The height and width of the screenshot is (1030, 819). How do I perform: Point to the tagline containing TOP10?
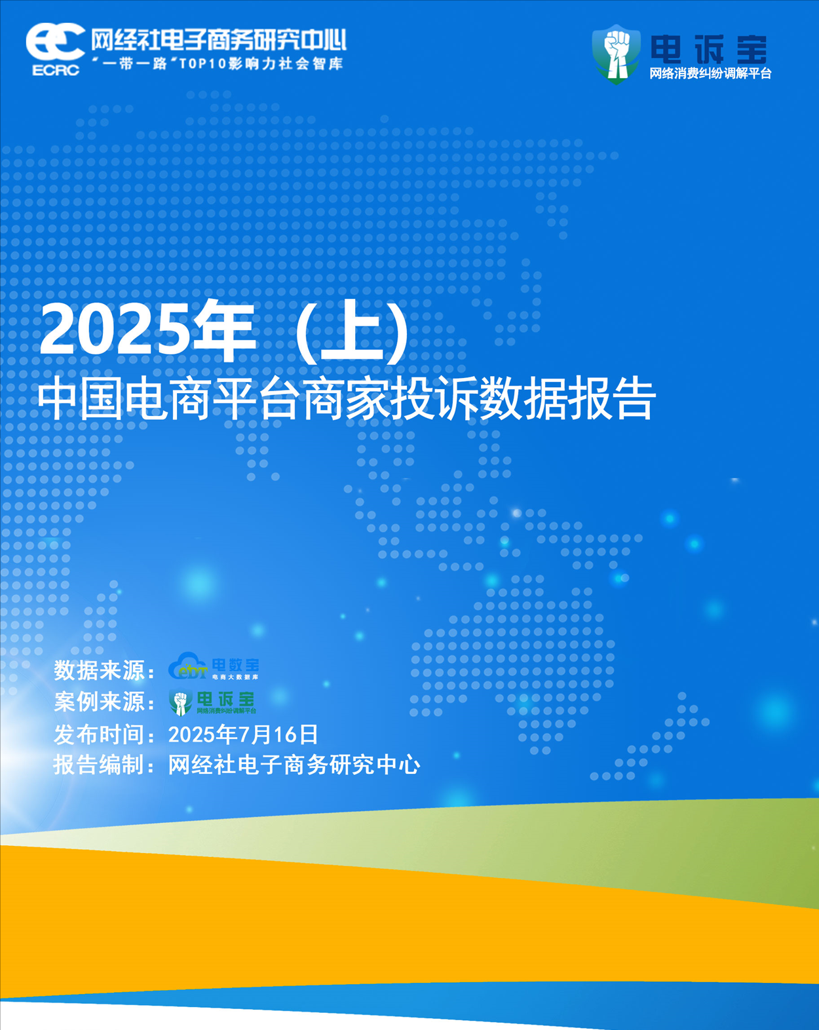(x=217, y=64)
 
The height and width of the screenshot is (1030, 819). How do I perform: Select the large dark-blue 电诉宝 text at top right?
(x=709, y=50)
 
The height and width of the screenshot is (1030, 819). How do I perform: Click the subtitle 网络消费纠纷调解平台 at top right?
(x=710, y=73)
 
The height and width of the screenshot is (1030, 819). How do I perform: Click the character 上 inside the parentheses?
(x=352, y=330)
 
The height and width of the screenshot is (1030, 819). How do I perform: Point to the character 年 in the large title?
(x=225, y=330)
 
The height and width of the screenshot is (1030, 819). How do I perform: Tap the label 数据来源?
(x=99, y=670)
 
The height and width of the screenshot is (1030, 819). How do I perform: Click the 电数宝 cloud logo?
(x=214, y=666)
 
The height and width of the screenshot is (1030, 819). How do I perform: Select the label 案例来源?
(x=99, y=702)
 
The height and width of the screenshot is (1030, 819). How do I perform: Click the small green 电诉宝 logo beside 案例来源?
(x=212, y=702)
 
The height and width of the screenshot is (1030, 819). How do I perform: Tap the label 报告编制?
(x=99, y=765)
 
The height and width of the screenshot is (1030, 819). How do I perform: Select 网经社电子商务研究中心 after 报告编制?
(x=294, y=765)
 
